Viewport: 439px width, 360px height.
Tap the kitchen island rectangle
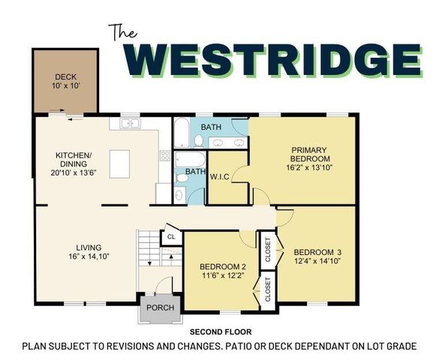(119, 161)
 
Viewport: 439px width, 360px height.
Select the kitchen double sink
(128, 123)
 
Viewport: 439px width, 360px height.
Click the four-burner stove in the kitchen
(164, 155)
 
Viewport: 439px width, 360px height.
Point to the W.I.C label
(219, 177)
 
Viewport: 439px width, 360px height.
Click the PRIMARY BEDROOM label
(310, 154)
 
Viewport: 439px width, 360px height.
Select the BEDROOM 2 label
(223, 267)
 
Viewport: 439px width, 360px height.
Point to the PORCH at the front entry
(160, 308)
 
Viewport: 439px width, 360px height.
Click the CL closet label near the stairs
(171, 235)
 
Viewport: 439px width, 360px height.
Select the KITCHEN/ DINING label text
(74, 161)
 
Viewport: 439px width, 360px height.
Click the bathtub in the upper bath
(182, 133)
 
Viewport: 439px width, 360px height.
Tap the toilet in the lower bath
(179, 194)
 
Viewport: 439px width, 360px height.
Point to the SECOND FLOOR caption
(220, 331)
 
